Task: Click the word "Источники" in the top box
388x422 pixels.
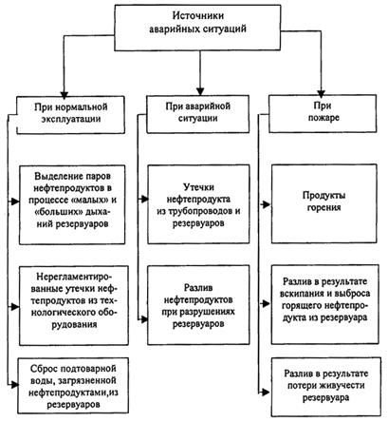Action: (198, 15)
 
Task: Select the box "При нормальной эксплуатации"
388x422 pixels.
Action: (71, 115)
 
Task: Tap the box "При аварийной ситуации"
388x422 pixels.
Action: (197, 114)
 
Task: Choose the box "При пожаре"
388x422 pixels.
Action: (323, 113)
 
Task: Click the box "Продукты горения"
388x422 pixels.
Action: (324, 203)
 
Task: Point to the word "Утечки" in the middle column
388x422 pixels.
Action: (198, 187)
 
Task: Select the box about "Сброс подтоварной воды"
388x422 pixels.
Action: (73, 386)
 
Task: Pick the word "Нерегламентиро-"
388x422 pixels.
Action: (74, 277)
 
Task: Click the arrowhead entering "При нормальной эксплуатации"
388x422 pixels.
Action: (65, 95)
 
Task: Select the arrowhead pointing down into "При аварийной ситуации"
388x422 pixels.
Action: (200, 91)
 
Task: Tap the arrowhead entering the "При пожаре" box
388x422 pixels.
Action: (322, 94)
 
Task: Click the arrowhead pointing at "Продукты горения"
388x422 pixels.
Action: (267, 204)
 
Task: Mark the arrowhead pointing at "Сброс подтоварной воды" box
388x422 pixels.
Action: (14, 385)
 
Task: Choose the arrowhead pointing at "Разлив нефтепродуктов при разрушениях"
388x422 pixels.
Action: (144, 319)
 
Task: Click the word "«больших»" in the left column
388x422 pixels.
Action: (53, 212)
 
